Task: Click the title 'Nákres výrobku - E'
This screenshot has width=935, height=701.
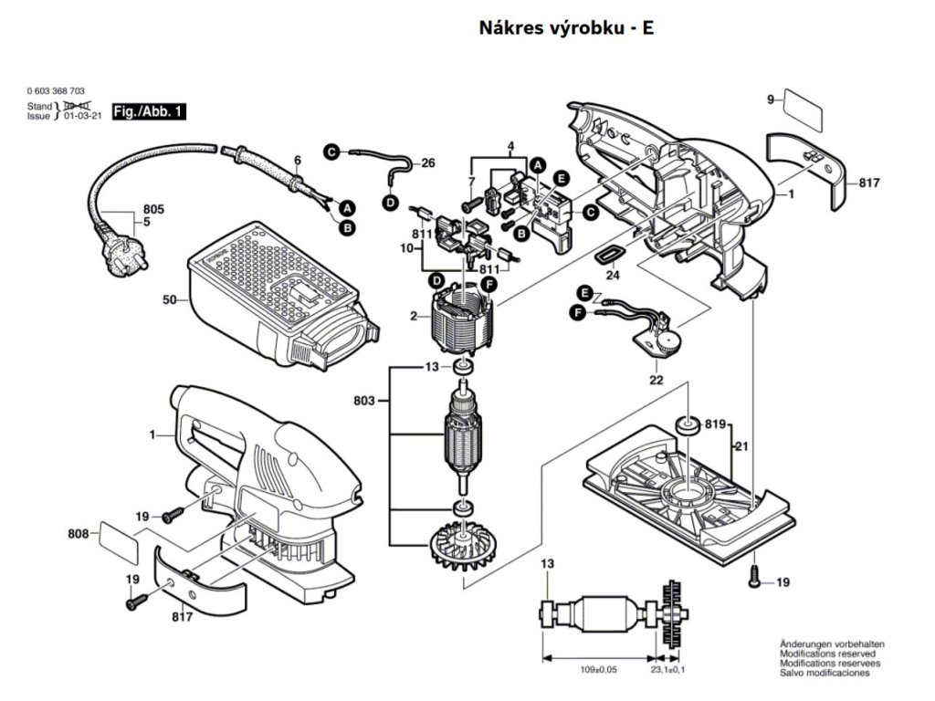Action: point(566,28)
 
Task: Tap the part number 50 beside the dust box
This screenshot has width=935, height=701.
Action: point(169,299)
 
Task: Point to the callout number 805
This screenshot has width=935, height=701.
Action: point(153,210)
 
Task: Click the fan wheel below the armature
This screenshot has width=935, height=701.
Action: point(461,546)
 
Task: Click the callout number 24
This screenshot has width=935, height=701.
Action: point(613,274)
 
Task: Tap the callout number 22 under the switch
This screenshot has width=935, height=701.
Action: point(656,380)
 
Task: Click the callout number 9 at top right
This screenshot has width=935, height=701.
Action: point(770,99)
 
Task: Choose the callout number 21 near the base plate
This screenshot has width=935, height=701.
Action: point(741,446)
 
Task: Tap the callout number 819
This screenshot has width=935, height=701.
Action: point(715,424)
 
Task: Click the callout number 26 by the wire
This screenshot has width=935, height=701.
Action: point(428,163)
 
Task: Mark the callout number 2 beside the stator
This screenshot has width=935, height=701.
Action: point(414,316)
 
